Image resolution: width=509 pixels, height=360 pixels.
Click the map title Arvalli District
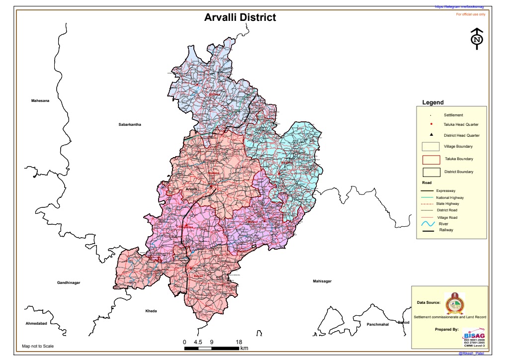240,17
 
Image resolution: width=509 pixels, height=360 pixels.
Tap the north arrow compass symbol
477,39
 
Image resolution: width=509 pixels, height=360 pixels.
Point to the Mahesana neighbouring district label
41,101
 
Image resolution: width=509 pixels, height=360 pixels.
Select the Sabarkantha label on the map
130,124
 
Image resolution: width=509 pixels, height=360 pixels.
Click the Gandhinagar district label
69,282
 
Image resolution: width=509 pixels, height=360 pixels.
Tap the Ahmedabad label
36,324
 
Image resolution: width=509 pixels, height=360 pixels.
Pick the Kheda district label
151,311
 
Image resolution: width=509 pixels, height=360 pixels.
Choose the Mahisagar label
322,281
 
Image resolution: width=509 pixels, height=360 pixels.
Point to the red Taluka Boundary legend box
431,160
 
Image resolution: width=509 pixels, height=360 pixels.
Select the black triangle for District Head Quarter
431,135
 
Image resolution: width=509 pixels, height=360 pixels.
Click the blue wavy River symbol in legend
428,225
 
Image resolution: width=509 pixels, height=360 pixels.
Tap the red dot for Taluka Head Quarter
431,124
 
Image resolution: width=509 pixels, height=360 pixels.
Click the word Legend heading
432,102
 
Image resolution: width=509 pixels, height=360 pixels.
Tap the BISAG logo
474,334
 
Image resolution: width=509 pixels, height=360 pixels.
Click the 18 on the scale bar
239,342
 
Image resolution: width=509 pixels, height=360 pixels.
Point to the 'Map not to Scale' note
38,346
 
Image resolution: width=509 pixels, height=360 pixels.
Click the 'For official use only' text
471,14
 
